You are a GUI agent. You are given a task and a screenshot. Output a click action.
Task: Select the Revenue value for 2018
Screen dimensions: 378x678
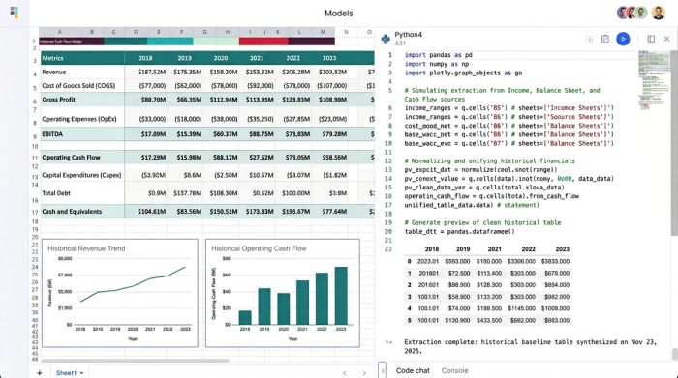152,72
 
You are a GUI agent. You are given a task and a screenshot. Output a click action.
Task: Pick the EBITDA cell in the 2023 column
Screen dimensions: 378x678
332,134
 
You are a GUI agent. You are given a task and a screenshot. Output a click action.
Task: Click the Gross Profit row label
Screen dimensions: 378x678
59,100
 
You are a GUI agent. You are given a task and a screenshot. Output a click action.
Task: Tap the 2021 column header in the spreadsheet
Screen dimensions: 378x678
260,58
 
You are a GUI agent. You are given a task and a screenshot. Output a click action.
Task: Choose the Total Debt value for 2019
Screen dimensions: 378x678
188,193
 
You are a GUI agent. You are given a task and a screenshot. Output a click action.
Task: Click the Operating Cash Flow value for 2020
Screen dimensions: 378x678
224,157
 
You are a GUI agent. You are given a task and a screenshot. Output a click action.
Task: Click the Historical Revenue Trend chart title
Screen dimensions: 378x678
86,248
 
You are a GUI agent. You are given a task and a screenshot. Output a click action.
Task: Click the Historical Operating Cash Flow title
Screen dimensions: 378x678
260,248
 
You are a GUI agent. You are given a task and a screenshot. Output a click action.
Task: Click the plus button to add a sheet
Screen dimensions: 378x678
39,372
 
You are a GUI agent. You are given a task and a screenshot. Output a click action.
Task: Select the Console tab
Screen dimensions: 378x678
455,370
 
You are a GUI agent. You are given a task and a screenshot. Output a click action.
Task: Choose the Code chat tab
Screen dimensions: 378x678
413,370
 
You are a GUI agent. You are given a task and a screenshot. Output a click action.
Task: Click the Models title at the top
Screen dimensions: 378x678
339,13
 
